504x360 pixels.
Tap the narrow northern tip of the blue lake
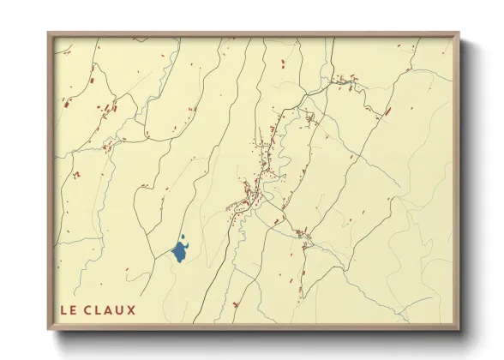click(183, 239)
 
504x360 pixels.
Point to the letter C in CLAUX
click(93, 309)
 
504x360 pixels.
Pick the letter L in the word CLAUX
click(104, 309)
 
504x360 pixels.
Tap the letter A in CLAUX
click(116, 309)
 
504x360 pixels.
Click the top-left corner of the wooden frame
click(49, 33)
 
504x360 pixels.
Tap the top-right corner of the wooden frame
click(459, 33)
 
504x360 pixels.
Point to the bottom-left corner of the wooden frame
click(49, 329)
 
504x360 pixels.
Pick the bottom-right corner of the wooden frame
click(459, 329)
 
